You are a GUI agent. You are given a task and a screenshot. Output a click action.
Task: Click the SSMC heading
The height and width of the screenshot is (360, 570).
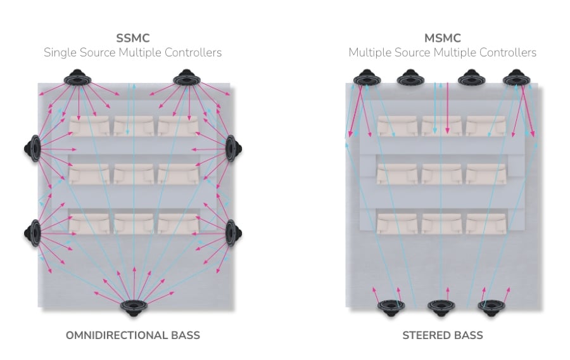click(x=132, y=37)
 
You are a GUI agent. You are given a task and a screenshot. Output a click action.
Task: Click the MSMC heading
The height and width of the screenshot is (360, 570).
click(x=442, y=37)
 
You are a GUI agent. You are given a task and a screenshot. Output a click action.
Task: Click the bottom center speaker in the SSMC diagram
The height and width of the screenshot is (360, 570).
click(x=134, y=307)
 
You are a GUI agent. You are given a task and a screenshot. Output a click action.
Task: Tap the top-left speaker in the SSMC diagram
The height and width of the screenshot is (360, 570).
click(x=78, y=79)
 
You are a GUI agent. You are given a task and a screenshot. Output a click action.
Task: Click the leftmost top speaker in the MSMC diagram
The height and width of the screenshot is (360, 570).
click(x=364, y=79)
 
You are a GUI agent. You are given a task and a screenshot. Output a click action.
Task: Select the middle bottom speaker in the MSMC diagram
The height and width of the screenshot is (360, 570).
click(x=441, y=307)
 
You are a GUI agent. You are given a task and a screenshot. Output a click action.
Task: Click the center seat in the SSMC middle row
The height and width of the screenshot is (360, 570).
click(x=133, y=174)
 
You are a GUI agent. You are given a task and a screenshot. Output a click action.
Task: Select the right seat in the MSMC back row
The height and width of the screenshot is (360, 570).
click(x=486, y=222)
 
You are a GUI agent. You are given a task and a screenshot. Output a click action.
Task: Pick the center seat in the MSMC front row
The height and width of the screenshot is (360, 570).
click(x=441, y=125)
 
